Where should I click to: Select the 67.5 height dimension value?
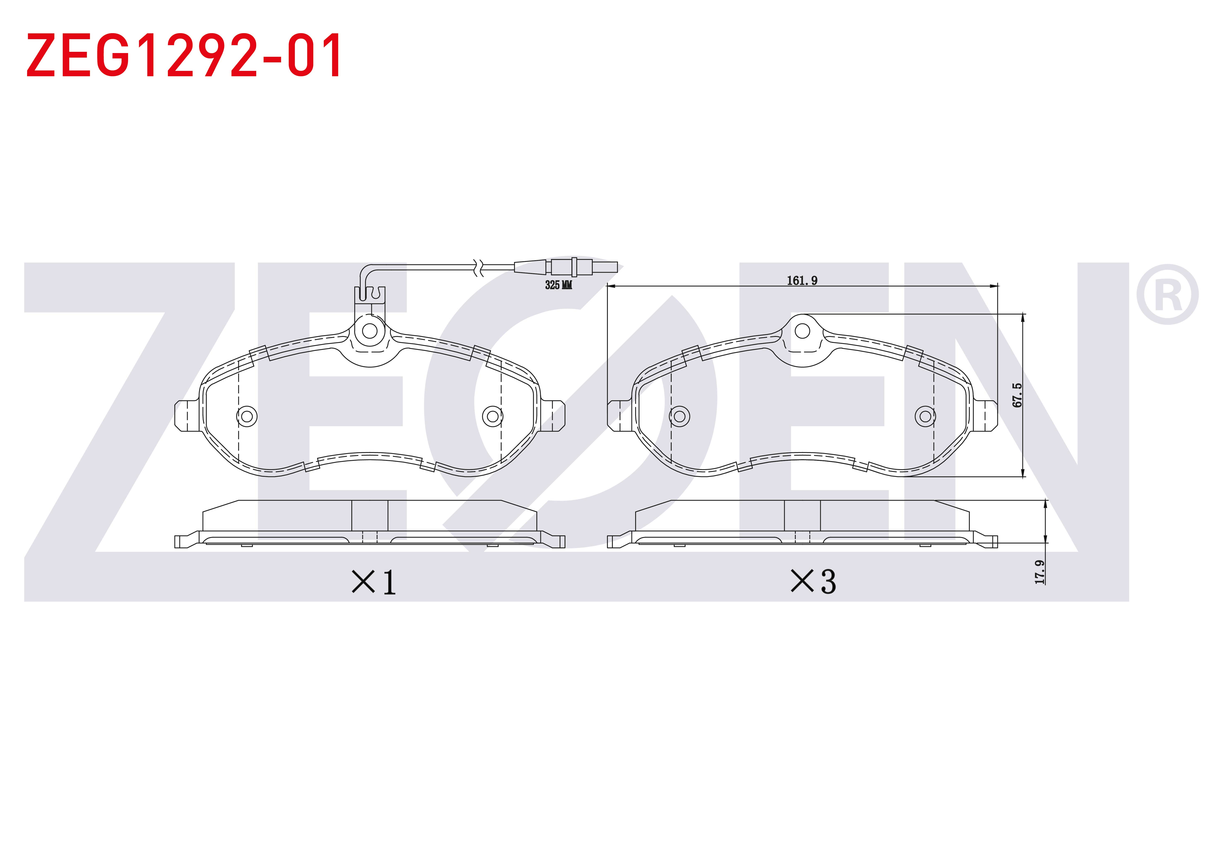1018,395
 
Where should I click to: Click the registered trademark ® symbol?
1167,294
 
